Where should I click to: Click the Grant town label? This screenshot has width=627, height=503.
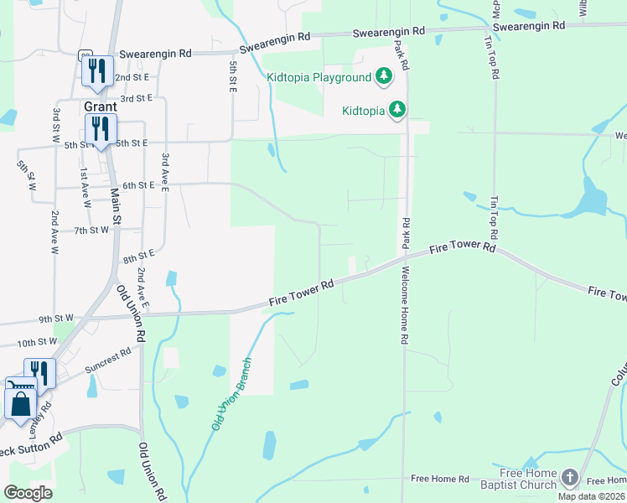pyautogui.click(x=99, y=107)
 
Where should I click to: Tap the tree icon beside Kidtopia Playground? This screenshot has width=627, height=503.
pyautogui.click(x=384, y=77)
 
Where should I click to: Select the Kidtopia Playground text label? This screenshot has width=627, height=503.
pyautogui.click(x=319, y=78)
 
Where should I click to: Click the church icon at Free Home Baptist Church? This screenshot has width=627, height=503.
pyautogui.click(x=570, y=478)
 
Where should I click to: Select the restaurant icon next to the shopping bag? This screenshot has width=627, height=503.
pyautogui.click(x=39, y=372)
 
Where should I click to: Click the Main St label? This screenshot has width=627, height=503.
pyautogui.click(x=117, y=206)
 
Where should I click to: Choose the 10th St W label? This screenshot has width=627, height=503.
pyautogui.click(x=36, y=342)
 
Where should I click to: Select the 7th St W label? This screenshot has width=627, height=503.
pyautogui.click(x=91, y=230)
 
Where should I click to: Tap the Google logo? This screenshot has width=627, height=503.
pyautogui.click(x=28, y=493)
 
